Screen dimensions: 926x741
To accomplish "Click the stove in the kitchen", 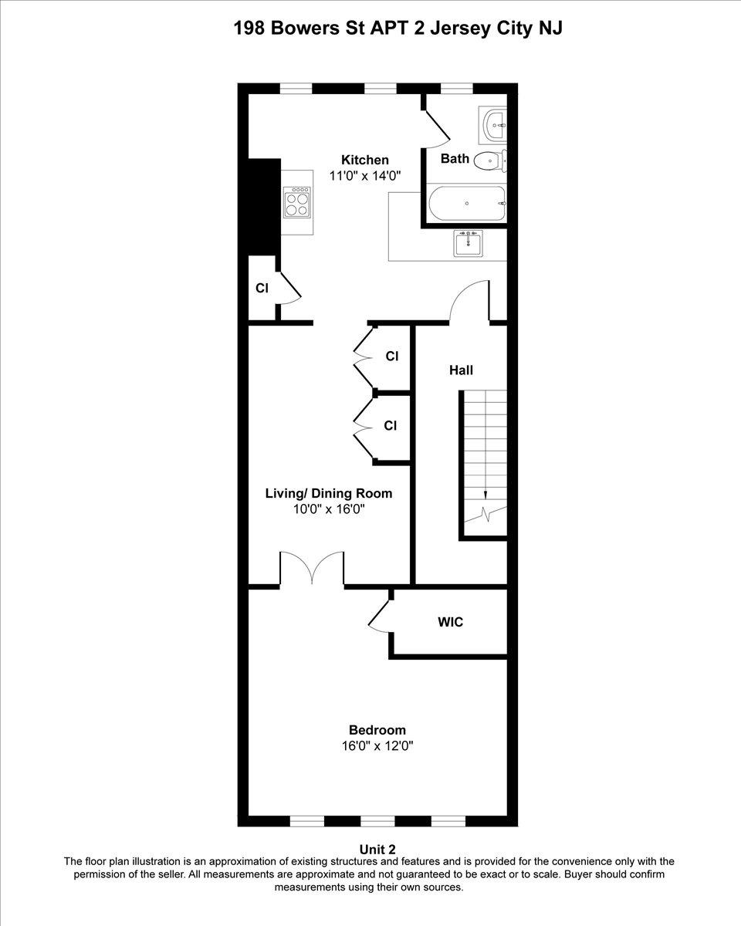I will [x=297, y=202].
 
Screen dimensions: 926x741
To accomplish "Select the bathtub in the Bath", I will [x=467, y=204].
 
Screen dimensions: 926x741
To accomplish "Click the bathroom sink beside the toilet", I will [x=493, y=125].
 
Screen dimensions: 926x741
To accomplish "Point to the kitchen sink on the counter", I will [x=467, y=243].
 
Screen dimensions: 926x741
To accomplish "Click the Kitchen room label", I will [x=365, y=160].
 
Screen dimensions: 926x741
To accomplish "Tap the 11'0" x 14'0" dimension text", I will [x=365, y=176].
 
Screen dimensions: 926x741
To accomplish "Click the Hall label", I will [x=461, y=370].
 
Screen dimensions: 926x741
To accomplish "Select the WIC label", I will [x=450, y=622].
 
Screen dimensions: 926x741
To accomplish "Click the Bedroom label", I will [x=377, y=730].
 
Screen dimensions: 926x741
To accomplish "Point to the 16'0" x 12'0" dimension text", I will [x=377, y=746].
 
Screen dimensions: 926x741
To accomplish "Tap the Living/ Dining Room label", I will [x=329, y=494].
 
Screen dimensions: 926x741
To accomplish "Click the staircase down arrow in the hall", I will [x=486, y=494].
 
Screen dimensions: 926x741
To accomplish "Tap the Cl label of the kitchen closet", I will [x=262, y=289].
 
